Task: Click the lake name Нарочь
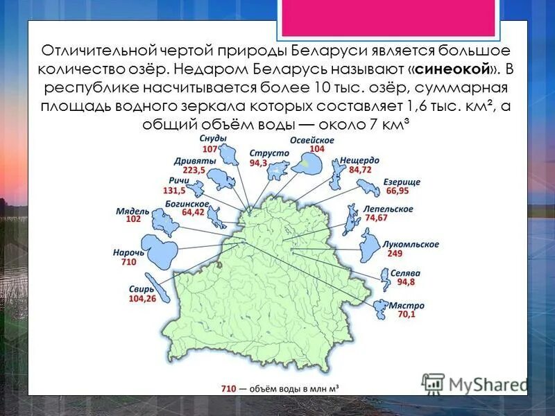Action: [x=128, y=253]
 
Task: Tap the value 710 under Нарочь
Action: [x=128, y=262]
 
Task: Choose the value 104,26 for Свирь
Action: [x=142, y=298]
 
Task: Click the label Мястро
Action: [x=407, y=305]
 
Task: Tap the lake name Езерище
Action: [x=402, y=182]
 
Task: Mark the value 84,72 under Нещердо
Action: [x=360, y=168]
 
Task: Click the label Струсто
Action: [x=265, y=153]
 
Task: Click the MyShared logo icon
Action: [x=434, y=383]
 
